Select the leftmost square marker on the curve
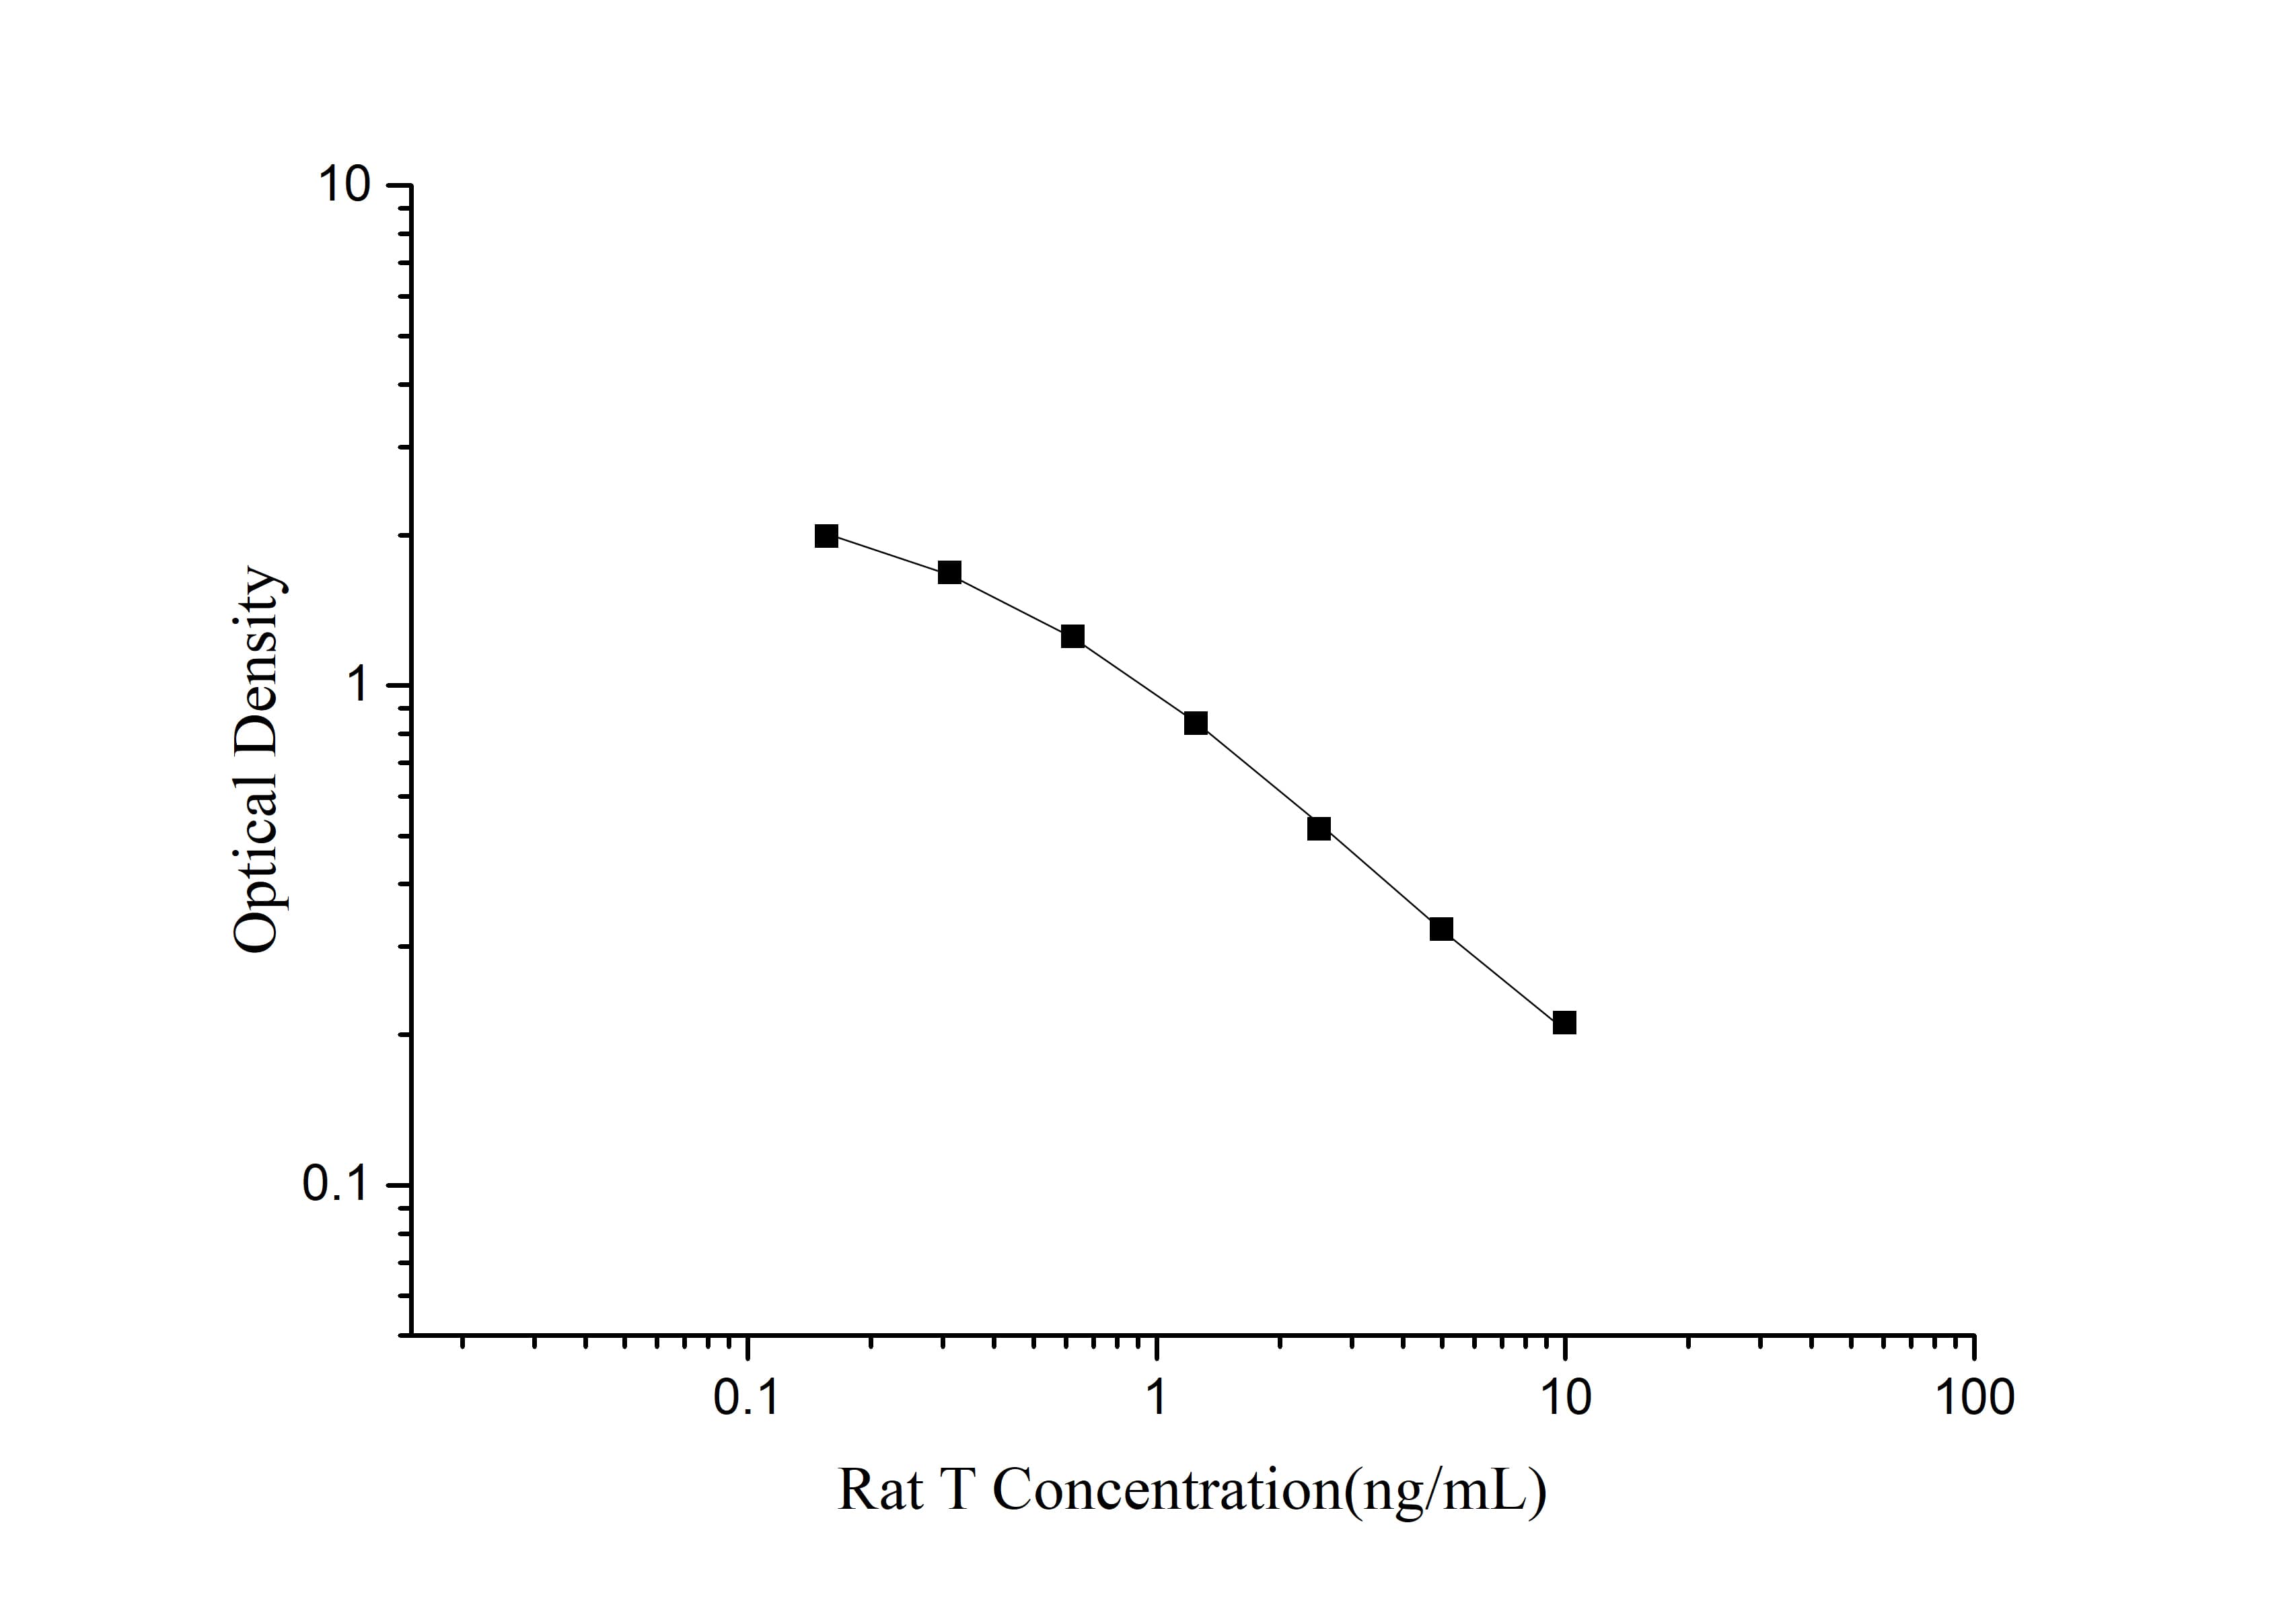coord(826,536)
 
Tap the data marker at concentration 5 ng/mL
coord(1441,929)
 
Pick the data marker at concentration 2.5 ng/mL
coord(1318,828)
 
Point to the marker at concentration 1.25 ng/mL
coord(1196,723)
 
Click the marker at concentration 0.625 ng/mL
coord(1072,636)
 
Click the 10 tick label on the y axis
coord(342,185)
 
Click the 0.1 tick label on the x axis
coord(746,1399)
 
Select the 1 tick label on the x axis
coord(1155,1399)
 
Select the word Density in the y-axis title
coord(258,660)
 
